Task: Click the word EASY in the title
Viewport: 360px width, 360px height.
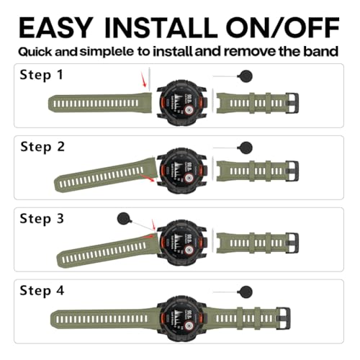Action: point(55,27)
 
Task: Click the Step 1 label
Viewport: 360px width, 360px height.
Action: point(41,75)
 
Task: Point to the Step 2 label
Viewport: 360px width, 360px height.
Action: point(42,147)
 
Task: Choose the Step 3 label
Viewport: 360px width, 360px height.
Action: point(42,219)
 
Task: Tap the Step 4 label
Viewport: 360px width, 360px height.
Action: point(42,291)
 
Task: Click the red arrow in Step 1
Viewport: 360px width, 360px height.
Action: point(143,81)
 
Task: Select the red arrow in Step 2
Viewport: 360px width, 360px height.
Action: point(148,179)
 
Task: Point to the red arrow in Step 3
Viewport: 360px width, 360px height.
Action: point(153,225)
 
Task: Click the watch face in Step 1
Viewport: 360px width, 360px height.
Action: point(181,102)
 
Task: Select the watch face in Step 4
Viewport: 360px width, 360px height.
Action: point(181,318)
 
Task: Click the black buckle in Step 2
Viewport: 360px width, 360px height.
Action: point(292,171)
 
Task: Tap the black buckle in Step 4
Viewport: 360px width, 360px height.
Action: point(283,318)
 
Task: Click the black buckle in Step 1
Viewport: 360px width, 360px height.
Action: point(292,103)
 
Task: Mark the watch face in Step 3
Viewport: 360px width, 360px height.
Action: point(181,243)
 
